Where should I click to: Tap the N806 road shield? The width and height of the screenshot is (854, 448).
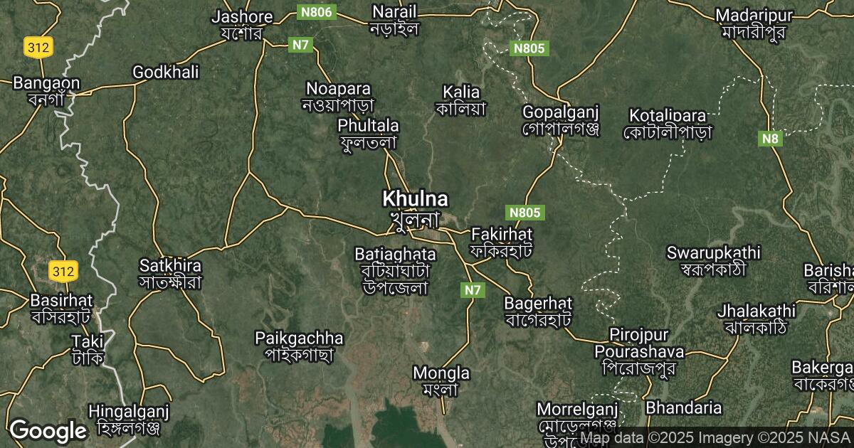click(316, 12)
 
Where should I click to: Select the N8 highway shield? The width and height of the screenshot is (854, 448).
click(770, 139)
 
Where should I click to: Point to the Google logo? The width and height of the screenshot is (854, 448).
click(48, 431)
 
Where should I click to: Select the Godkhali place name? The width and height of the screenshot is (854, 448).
click(166, 72)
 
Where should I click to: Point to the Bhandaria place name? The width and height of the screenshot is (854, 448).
click(683, 408)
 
